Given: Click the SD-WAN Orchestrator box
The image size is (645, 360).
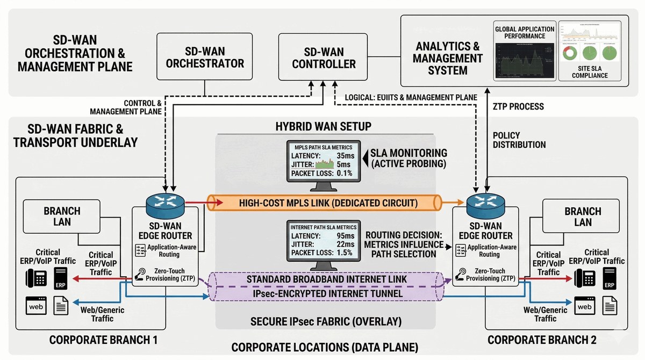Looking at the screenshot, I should (205, 57).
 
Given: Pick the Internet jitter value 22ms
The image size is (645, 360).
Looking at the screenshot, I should (345, 244).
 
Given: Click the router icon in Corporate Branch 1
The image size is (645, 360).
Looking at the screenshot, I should (165, 202).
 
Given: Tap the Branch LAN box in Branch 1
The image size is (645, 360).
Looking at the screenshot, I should (62, 216).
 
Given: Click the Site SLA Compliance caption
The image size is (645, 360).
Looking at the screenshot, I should (590, 71).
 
